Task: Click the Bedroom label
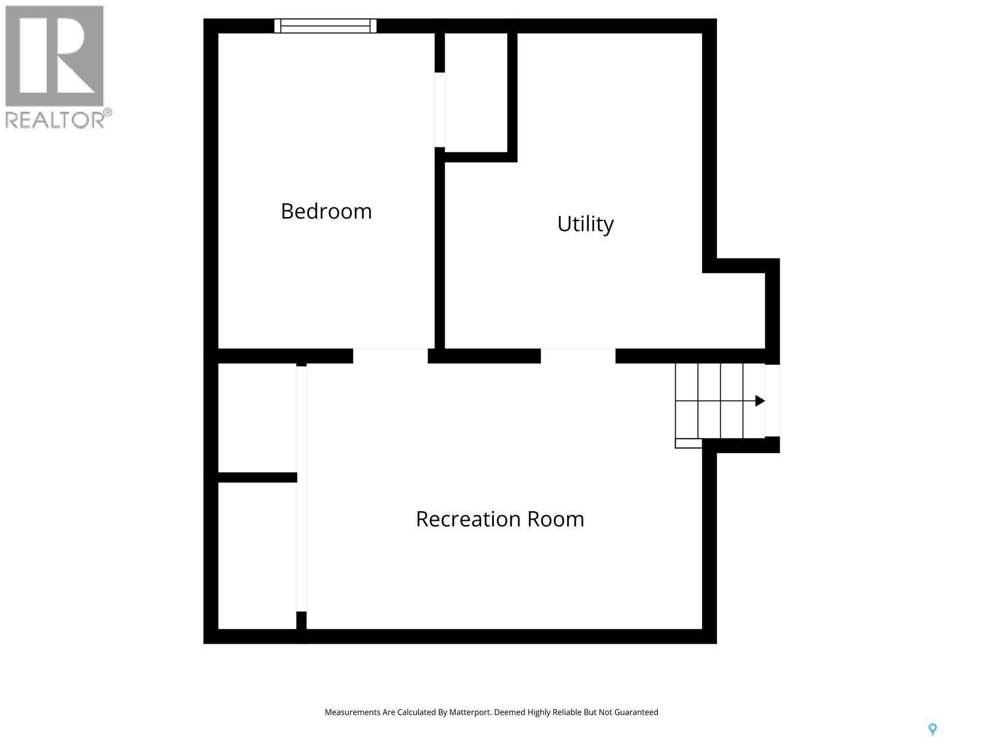point(326,211)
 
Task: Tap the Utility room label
point(585,224)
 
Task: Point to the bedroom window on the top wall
point(325,26)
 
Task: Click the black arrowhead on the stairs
point(760,401)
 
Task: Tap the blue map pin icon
point(932,729)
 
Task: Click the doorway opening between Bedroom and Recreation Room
point(390,356)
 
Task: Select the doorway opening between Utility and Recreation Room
point(578,356)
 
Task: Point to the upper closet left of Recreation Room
point(257,418)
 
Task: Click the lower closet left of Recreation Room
point(257,555)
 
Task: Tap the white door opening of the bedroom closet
point(439,110)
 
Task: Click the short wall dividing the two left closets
point(257,477)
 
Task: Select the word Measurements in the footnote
point(353,712)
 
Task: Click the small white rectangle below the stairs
point(688,443)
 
